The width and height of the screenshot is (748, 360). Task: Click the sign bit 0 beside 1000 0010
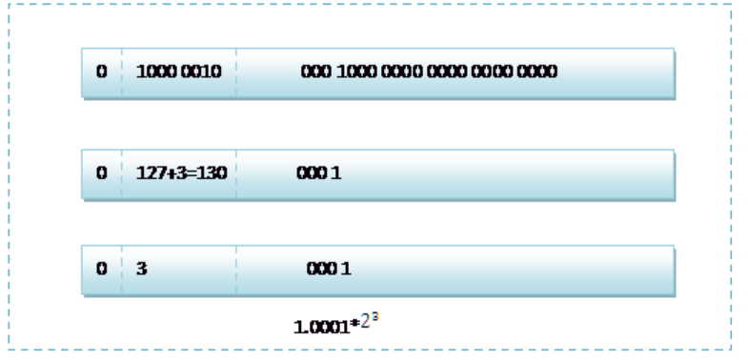[x=102, y=71]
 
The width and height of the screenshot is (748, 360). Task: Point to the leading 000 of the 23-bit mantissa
[x=315, y=71]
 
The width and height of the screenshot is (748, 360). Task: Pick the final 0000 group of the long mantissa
[x=537, y=71]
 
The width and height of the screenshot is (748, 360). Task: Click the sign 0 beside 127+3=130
[x=102, y=172]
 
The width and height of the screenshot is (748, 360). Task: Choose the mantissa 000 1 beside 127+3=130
[x=318, y=172]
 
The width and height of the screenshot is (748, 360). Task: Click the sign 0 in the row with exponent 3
[x=102, y=269]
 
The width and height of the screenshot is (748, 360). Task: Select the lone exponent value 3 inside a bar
[x=142, y=269]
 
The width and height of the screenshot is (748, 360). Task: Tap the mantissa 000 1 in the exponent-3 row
[x=329, y=269]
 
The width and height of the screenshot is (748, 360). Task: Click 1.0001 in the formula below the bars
[x=321, y=327]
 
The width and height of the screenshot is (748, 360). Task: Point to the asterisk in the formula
[x=354, y=324]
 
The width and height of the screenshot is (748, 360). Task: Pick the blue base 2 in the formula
[x=365, y=322]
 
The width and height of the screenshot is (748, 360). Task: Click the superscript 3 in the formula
[x=375, y=316]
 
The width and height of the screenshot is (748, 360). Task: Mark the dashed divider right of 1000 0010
[x=236, y=72]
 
